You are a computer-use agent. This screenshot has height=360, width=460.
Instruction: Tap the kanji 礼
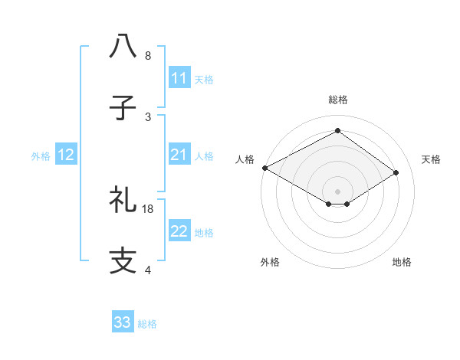coord(123,201)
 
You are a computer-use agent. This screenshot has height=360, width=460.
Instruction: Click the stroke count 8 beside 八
coord(148,56)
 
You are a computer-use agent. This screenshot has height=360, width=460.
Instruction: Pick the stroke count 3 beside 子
coord(148,117)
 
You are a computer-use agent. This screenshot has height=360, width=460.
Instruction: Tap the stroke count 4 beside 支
coord(148,270)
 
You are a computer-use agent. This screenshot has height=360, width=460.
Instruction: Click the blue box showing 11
coord(179,78)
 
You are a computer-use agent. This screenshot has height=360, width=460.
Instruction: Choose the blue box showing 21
coord(179,155)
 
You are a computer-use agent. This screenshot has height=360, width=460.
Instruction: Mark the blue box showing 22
coord(179,231)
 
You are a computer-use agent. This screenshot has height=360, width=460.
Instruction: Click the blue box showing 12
coord(66,155)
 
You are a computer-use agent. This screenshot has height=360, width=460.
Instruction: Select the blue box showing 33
coord(123,322)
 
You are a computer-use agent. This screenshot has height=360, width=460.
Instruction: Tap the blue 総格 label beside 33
coord(147,324)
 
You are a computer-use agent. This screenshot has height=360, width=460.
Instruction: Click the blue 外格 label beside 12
coord(41,156)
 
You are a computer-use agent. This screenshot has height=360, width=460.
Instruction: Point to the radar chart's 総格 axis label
coord(337,100)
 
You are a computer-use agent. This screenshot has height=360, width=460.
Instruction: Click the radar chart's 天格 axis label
coord(431,159)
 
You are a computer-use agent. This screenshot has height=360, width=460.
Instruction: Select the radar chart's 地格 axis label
coord(402,262)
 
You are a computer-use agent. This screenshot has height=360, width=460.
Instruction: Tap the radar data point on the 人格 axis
coord(264,168)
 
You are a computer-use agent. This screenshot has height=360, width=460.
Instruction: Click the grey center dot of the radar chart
coord(337,191)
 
